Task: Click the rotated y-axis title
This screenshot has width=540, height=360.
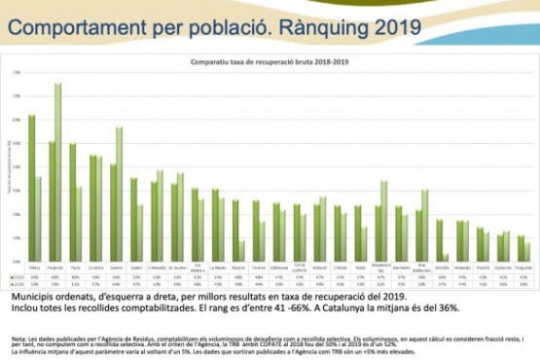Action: tap(9, 169)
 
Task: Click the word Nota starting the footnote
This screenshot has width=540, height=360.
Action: tap(18, 337)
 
